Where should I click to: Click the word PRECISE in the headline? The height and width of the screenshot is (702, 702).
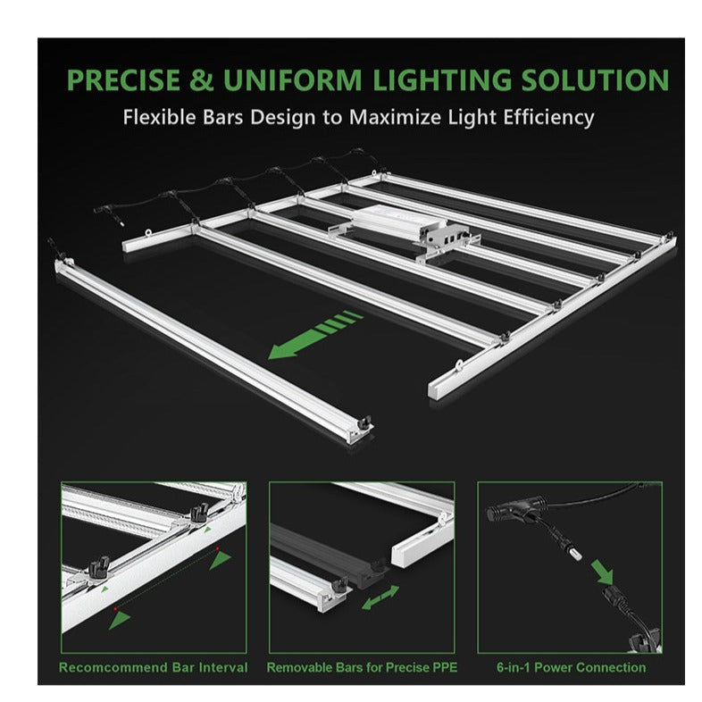[123, 80]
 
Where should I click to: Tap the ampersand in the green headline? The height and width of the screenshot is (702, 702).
[201, 80]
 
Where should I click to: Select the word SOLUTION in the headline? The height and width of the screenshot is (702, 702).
[595, 80]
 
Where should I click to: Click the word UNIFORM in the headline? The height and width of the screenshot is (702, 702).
[292, 80]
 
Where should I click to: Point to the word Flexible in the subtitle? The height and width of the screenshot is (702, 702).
[159, 117]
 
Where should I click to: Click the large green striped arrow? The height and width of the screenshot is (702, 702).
[314, 335]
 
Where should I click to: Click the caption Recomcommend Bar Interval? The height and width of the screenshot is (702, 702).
[153, 667]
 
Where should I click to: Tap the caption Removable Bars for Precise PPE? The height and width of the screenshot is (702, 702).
[362, 667]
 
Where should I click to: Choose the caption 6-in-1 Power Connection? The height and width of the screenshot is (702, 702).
[572, 667]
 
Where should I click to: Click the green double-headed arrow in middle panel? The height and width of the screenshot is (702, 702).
[380, 598]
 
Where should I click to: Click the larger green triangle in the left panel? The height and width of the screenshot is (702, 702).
[220, 560]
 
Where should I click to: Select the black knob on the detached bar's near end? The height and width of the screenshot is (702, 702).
[365, 422]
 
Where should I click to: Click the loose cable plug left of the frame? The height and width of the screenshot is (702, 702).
[118, 221]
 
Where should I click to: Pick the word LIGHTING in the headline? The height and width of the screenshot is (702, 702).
[441, 80]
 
